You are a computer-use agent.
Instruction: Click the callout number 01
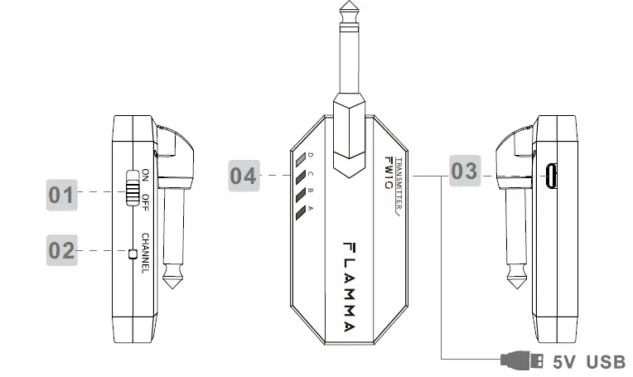click(61, 195)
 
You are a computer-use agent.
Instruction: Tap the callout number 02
click(61, 250)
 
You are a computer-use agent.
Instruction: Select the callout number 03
click(465, 171)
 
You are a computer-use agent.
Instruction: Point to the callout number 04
click(244, 176)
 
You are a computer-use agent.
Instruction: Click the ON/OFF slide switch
click(132, 188)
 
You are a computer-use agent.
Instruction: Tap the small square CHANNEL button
click(133, 254)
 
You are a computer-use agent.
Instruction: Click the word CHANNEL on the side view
click(145, 253)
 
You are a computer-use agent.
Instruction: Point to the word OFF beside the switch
click(145, 203)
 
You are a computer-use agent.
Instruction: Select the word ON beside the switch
click(145, 176)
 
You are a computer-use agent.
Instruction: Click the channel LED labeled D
click(301, 159)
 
